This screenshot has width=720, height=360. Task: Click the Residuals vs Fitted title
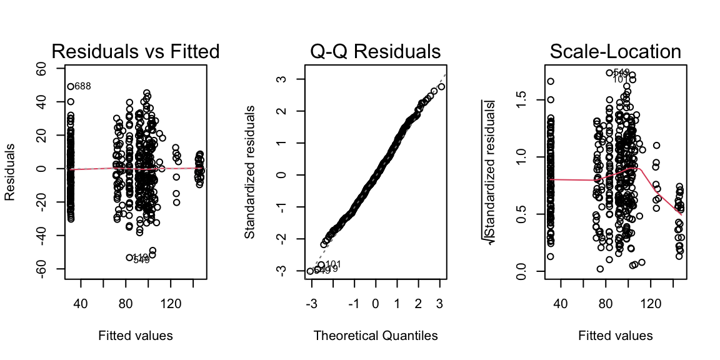tap(135, 51)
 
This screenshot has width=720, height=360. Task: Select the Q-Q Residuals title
tap(375, 51)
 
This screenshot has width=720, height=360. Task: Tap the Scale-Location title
tap(616, 51)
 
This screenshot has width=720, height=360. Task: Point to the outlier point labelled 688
tap(71, 86)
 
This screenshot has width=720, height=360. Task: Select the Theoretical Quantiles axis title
tap(375, 336)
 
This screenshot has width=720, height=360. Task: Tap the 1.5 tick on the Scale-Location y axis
tap(524, 98)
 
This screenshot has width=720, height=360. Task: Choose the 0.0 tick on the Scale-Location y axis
tap(524, 271)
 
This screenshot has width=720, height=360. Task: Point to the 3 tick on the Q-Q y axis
tap(282, 79)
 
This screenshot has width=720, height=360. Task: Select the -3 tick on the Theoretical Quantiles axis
tap(311, 303)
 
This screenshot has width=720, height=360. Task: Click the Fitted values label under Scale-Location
tap(616, 336)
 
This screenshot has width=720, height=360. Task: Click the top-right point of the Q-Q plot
tap(441, 87)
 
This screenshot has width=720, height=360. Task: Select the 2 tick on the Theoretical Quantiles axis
tap(418, 303)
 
